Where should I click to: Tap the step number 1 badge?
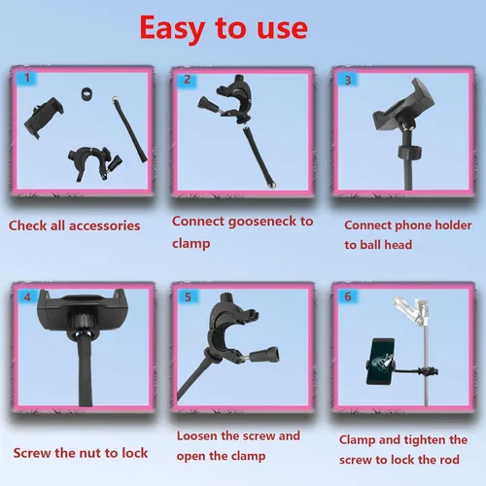27,78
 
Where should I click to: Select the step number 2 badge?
188,80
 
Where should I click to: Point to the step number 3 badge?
348,80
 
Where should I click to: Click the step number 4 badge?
27,296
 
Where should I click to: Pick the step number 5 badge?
188,297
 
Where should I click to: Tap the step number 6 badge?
348,296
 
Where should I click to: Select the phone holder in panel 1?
44,118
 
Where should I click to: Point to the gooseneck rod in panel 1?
129,129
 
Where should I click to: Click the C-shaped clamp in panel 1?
94,162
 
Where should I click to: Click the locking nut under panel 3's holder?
409,151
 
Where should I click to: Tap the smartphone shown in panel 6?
382,362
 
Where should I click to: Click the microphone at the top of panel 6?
411,312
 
